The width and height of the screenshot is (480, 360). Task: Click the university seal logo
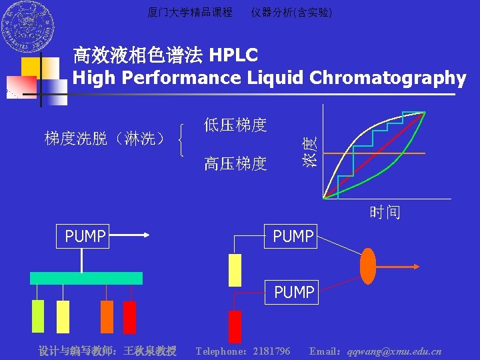[x=27, y=28]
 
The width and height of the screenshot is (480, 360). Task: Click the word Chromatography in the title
[x=387, y=78]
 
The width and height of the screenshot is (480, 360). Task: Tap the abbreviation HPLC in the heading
[x=233, y=55]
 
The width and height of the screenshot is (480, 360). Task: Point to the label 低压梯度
[x=235, y=125]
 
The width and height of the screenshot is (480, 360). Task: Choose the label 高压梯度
[x=235, y=163]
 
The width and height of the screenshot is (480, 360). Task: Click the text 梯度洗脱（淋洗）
[x=104, y=139]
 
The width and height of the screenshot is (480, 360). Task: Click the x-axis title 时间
[x=385, y=213]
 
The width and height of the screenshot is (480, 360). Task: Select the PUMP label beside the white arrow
[x=85, y=236]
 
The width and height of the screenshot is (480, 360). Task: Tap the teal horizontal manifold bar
[x=86, y=278]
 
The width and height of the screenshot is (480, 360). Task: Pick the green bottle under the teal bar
[x=38, y=316]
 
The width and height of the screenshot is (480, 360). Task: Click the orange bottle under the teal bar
[x=107, y=317]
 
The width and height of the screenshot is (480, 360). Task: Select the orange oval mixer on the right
[x=367, y=266]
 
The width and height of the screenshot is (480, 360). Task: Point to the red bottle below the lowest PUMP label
[x=235, y=326]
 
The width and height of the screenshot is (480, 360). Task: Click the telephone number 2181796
[x=271, y=351]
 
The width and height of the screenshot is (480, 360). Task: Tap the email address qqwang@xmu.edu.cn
[x=394, y=351]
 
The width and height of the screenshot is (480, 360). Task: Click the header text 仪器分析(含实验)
[x=291, y=13]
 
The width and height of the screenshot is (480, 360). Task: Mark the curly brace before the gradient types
[x=183, y=139]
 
